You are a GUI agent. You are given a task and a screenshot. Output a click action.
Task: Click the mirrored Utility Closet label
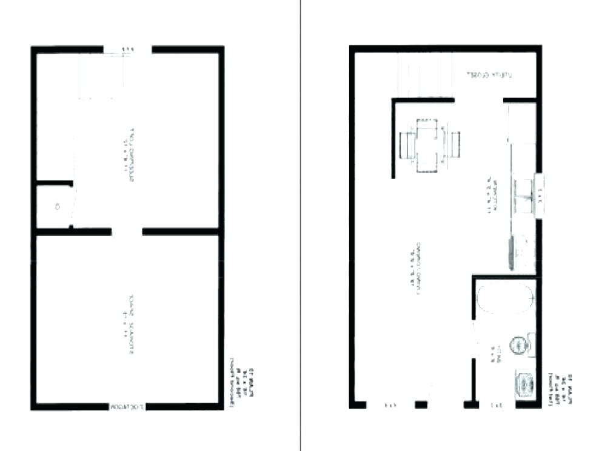[489, 76]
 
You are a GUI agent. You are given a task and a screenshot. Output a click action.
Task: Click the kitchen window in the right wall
[540, 194]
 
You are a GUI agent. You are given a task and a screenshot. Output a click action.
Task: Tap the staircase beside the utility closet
[424, 76]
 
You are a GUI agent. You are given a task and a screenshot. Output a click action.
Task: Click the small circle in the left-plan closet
[58, 206]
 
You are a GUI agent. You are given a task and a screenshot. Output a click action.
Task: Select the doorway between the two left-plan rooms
[127, 231]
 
